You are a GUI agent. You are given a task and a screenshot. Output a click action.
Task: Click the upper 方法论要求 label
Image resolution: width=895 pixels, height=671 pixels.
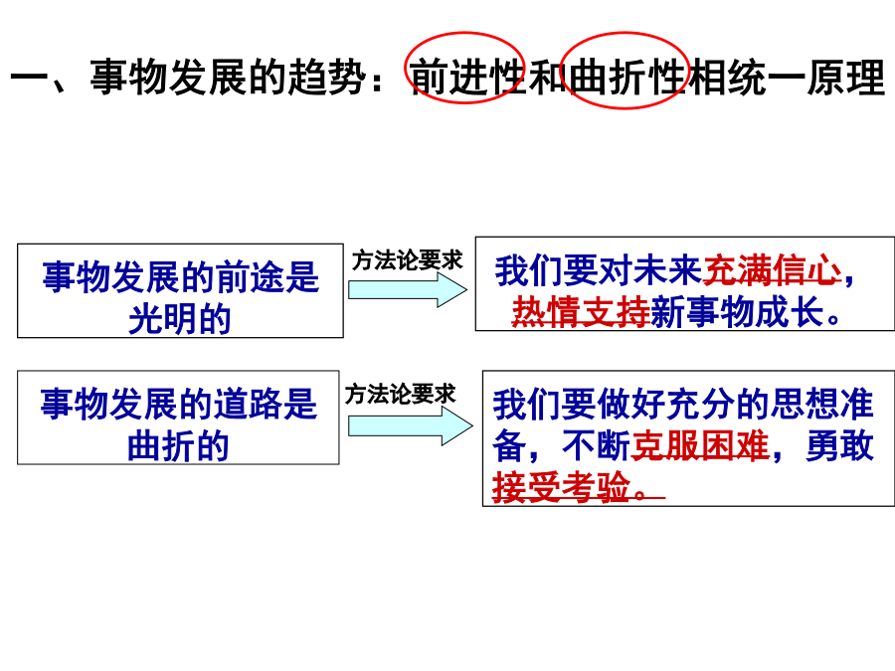coord(407,260)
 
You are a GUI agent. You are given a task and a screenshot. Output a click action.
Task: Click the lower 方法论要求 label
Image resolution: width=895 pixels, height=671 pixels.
coord(400,394)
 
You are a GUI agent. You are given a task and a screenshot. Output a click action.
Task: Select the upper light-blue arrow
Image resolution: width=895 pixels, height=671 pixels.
coord(408,290)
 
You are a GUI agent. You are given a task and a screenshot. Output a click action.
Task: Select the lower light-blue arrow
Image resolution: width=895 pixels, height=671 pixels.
coord(411,425)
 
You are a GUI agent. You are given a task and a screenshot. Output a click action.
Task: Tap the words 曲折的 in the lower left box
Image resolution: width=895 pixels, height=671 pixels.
coord(178,445)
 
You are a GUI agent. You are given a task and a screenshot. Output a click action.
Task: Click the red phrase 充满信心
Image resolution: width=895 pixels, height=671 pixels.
coord(773,270)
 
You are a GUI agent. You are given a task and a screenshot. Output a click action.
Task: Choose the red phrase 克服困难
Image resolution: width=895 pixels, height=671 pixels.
coord(700,445)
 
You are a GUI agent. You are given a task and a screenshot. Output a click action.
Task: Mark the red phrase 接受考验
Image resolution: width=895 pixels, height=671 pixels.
coord(562,487)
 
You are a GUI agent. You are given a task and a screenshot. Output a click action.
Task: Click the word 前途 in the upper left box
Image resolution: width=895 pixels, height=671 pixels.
coord(250,277)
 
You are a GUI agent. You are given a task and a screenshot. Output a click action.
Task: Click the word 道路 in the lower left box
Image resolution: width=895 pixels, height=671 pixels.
coord(248,404)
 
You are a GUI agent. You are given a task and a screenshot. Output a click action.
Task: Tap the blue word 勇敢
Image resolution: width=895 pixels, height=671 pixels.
coord(839,445)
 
